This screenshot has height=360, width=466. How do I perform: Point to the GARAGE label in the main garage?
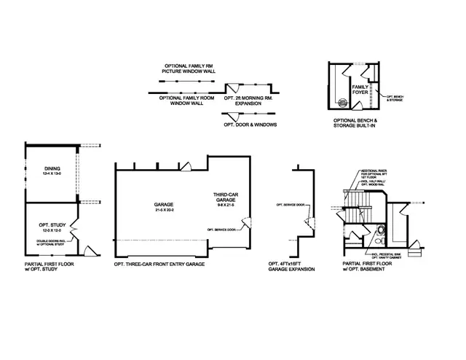point(162,205)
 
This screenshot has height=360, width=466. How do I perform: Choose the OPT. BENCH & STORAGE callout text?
point(397,98)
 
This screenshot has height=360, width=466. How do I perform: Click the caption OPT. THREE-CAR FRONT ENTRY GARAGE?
point(159,263)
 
